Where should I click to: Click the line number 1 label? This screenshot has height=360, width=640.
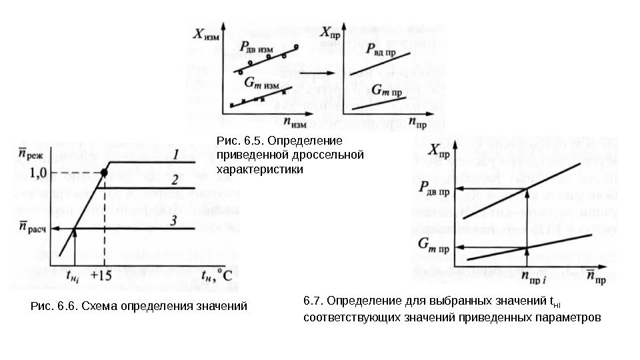pos(175,154)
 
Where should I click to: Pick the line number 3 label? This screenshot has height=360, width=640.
pos(173,221)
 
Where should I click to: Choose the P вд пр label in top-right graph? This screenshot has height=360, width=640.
pos(381,49)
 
